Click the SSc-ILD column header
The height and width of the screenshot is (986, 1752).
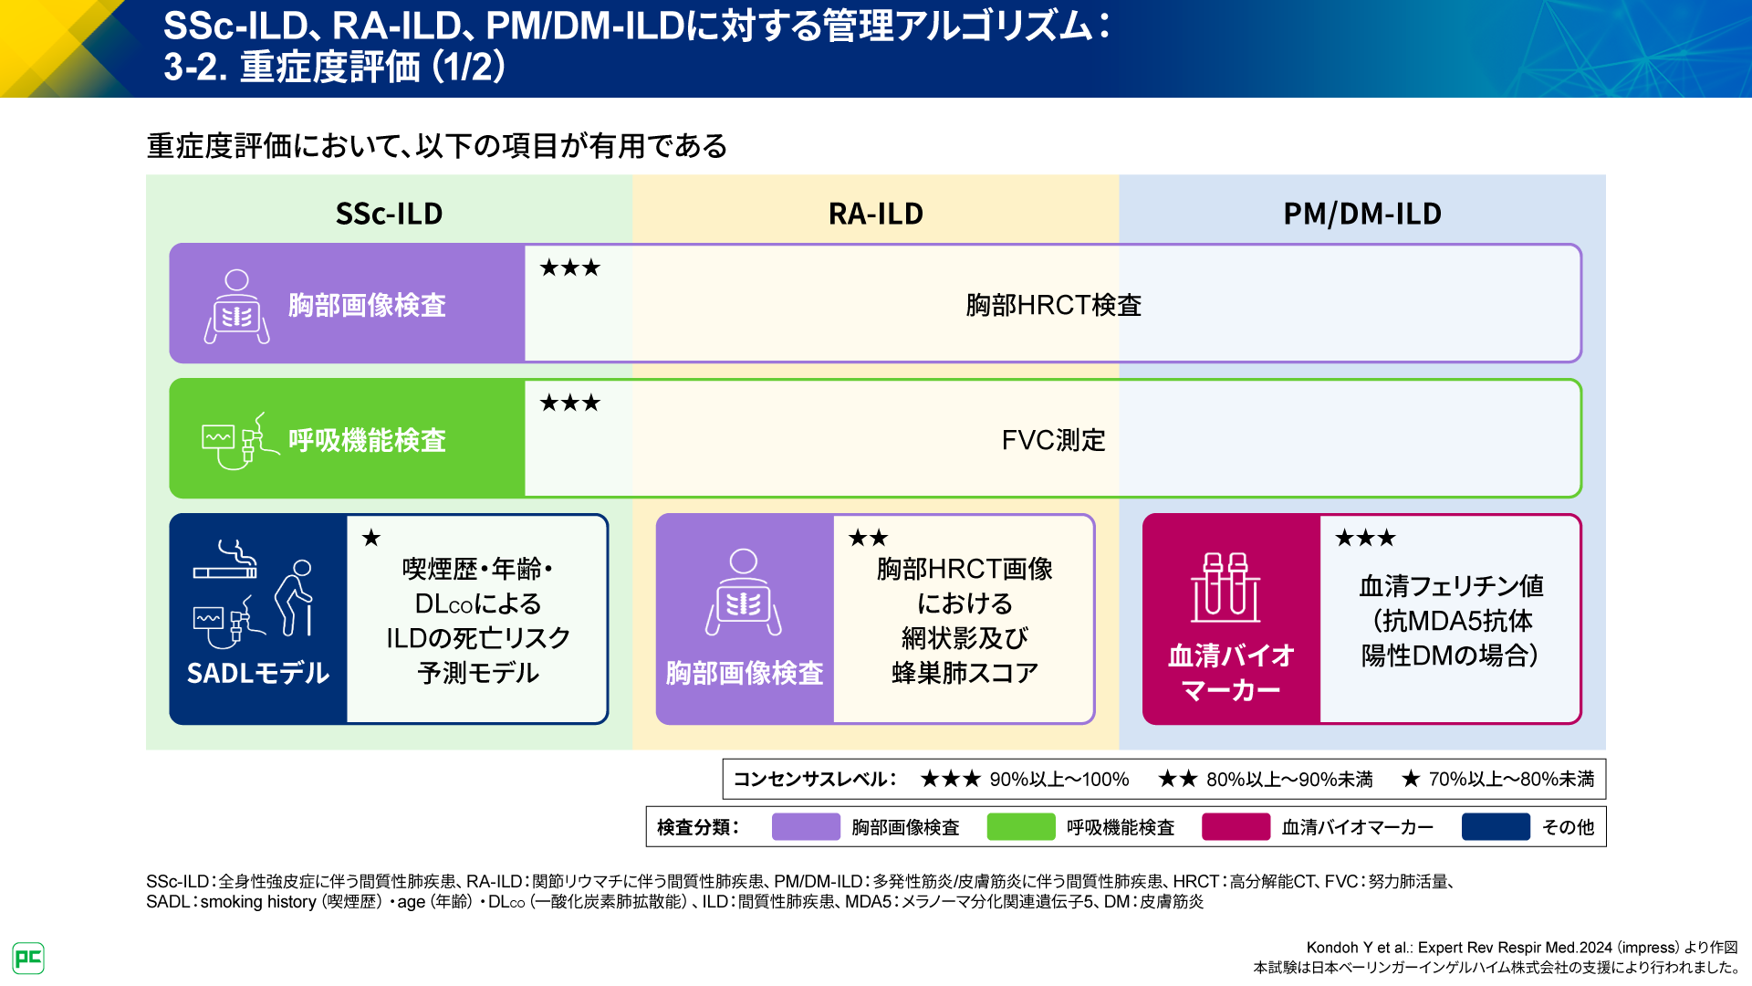click(389, 214)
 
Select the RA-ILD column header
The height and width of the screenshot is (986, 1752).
click(875, 214)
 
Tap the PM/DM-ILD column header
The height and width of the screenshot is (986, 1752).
click(1361, 214)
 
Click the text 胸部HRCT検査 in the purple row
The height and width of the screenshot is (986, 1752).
click(1053, 305)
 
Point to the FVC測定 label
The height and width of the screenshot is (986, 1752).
click(1053, 440)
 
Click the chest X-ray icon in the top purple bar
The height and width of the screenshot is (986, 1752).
click(236, 307)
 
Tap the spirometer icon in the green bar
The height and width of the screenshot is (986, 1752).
click(239, 441)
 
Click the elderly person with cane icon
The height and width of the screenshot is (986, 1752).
click(295, 598)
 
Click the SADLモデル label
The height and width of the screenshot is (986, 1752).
click(257, 674)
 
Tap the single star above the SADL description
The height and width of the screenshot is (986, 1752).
click(370, 538)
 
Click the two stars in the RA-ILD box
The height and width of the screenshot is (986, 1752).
click(868, 538)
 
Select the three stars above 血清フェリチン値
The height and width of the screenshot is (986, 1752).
click(1365, 538)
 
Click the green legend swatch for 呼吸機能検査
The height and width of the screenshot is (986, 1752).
click(1020, 827)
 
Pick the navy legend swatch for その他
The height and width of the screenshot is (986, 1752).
click(1495, 827)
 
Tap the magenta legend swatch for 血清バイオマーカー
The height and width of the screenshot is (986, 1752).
click(1236, 827)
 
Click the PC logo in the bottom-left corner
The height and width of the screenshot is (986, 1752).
click(28, 958)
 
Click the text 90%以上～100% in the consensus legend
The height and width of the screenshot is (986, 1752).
click(1058, 780)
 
